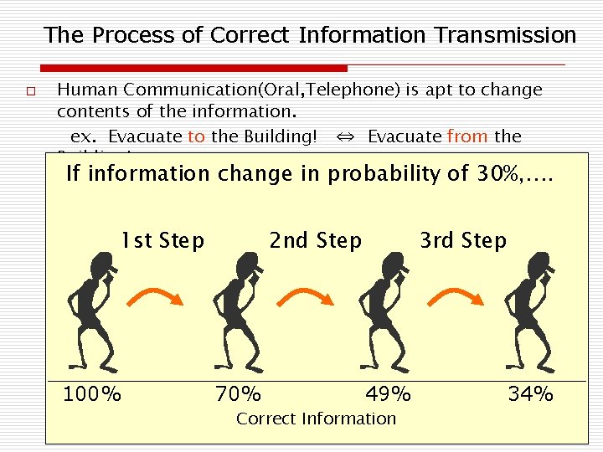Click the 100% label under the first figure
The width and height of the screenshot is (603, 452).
pos(92,393)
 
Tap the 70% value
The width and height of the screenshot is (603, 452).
pos(238,393)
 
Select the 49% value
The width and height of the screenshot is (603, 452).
pos(388,393)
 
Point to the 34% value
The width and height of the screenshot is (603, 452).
pos(530,393)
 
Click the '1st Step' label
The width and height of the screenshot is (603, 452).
pos(162,241)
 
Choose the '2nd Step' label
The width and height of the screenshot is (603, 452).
pos(315,241)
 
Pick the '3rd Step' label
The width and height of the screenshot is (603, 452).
pos(463,241)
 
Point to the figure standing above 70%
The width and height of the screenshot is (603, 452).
pos(238,311)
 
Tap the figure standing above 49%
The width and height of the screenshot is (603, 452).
pos(384,311)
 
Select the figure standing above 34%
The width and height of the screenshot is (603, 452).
pos(531,311)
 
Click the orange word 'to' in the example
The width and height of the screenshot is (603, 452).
pos(196,136)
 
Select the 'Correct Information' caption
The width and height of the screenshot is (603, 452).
pos(316,419)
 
